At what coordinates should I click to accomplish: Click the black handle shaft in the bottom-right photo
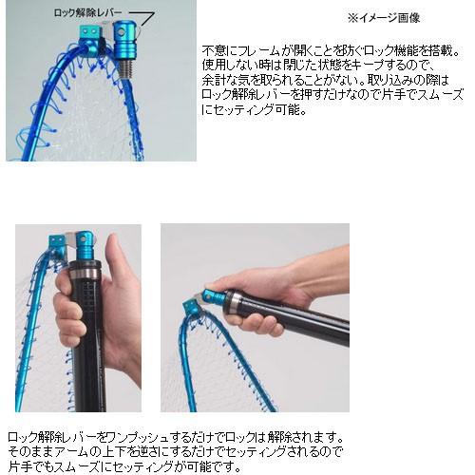304,316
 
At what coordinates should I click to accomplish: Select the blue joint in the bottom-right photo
215,297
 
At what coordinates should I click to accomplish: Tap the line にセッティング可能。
255,110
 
